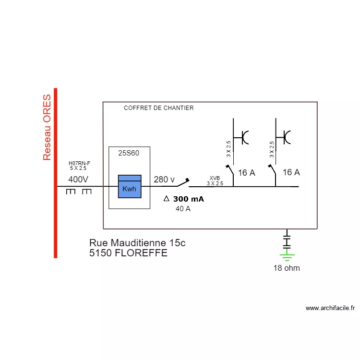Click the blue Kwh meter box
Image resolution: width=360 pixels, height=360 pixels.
pyautogui.click(x=130, y=186)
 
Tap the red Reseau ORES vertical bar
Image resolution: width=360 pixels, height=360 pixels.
pyautogui.click(x=56, y=173)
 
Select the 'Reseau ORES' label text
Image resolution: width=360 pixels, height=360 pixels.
pyautogui.click(x=47, y=127)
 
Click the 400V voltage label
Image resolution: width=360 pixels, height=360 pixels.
pyautogui.click(x=78, y=180)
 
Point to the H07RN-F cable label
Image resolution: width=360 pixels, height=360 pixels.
pyautogui.click(x=79, y=163)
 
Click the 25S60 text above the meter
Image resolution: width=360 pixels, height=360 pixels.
pyautogui.click(x=129, y=153)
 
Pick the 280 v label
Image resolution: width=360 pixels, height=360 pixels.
pyautogui.click(x=164, y=180)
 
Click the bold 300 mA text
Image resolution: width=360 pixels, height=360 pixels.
pyautogui.click(x=188, y=199)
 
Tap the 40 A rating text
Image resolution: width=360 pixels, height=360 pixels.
pyautogui.click(x=183, y=209)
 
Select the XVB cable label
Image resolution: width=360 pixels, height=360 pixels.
pyautogui.click(x=215, y=178)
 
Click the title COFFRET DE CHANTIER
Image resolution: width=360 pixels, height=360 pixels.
pyautogui.click(x=158, y=108)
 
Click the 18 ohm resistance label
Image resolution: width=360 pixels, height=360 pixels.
pyautogui.click(x=287, y=268)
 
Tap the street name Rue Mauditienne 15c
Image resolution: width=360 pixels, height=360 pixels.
pyautogui.click(x=137, y=243)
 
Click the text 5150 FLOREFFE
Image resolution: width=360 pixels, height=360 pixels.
pyautogui.click(x=128, y=253)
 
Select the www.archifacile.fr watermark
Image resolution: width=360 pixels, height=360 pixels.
pyautogui.click(x=330, y=308)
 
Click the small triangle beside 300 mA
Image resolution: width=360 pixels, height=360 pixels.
pyautogui.click(x=167, y=199)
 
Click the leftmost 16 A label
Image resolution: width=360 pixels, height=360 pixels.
pyautogui.click(x=246, y=173)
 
